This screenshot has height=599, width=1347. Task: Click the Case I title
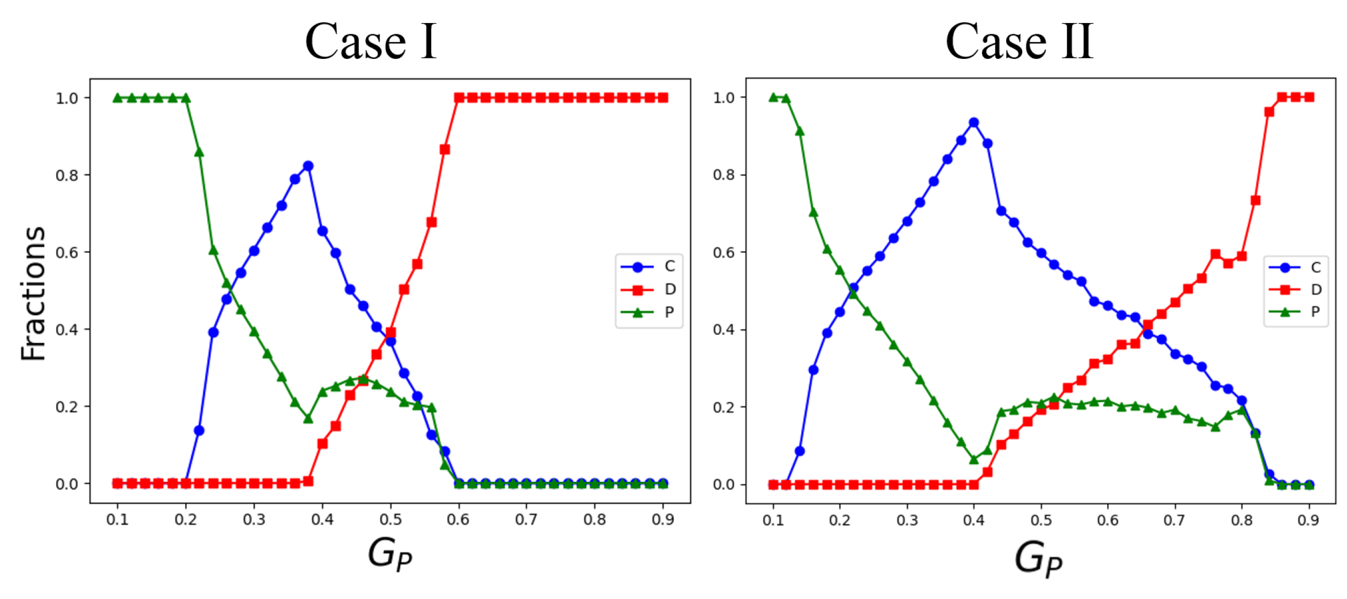(x=371, y=41)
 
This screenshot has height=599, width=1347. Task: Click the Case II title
(x=1019, y=41)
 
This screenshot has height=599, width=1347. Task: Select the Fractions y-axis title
(x=33, y=293)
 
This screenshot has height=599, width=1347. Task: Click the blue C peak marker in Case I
(x=308, y=166)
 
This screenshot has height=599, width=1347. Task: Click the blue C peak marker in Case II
(x=974, y=123)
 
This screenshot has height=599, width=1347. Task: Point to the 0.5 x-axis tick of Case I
(x=390, y=519)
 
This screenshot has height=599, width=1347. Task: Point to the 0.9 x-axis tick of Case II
(x=1308, y=520)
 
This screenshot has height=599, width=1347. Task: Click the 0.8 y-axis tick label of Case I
(x=66, y=175)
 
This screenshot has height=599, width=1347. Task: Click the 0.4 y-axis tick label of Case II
(x=723, y=329)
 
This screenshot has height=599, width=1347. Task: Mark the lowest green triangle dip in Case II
(x=974, y=459)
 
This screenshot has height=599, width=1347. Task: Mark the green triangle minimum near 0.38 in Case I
(x=308, y=418)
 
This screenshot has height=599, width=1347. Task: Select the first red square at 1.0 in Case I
(x=459, y=98)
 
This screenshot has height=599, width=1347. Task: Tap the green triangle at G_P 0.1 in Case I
(x=118, y=98)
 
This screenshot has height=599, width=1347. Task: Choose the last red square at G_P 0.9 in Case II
(x=1309, y=97)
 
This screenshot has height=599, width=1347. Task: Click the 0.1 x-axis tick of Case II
(x=773, y=520)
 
